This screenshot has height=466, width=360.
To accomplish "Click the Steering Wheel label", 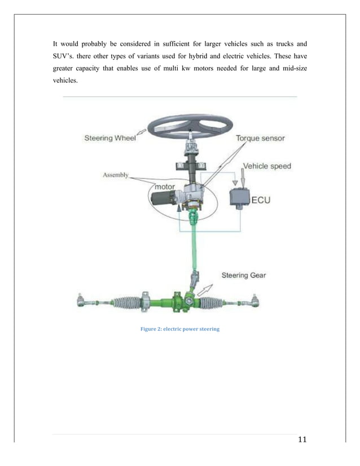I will click(x=109, y=137).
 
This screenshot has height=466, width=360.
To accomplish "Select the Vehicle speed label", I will click(x=267, y=166).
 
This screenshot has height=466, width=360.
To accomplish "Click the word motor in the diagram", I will click(x=161, y=187).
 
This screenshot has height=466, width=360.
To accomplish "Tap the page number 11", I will click(x=300, y=441).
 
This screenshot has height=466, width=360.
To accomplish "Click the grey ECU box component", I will click(x=239, y=197).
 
